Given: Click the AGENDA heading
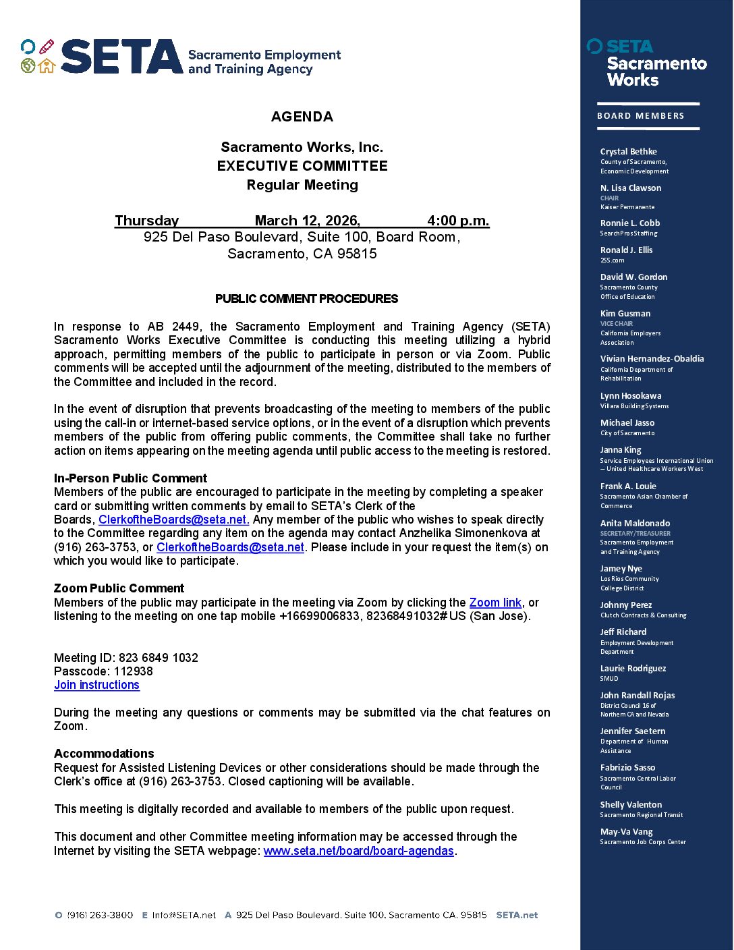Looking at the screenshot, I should [x=302, y=117].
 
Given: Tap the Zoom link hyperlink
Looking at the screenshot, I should [x=495, y=603].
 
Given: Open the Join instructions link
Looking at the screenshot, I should [x=96, y=685].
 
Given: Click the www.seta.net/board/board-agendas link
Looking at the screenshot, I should [x=358, y=851].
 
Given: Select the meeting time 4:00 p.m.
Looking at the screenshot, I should [x=458, y=221].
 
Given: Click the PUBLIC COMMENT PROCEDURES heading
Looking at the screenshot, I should [x=306, y=299].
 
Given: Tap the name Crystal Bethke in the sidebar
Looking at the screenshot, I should [x=628, y=152].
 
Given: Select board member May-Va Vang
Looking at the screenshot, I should [x=626, y=832].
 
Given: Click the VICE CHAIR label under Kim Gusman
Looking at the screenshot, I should [x=617, y=324].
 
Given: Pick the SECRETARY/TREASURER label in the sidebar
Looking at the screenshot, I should [x=635, y=534].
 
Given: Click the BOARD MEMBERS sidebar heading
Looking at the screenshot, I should [x=640, y=116].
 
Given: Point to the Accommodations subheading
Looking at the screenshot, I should [x=104, y=754].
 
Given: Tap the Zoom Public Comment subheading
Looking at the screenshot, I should [x=119, y=588].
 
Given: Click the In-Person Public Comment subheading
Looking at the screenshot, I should [x=130, y=478].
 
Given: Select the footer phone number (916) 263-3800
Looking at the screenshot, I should [x=100, y=916].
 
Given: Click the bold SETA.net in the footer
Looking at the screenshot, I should [x=517, y=916].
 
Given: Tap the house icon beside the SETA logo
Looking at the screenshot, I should [x=47, y=65].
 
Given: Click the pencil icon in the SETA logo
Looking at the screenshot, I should [x=46, y=47].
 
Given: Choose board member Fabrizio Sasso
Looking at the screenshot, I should [x=627, y=768].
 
